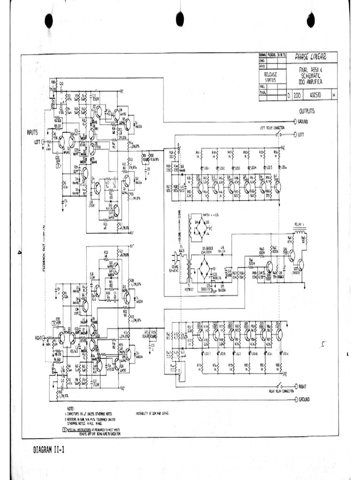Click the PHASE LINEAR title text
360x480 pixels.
[x=310, y=57]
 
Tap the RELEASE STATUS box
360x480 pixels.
[x=270, y=77]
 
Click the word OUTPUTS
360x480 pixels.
[x=307, y=112]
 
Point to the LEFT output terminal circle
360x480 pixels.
[x=295, y=135]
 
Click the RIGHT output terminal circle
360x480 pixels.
[x=295, y=388]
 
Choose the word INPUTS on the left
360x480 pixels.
[x=32, y=133]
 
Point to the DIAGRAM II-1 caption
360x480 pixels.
[x=49, y=450]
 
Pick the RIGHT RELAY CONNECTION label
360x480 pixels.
[x=281, y=390]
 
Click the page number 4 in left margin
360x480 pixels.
[x=19, y=253]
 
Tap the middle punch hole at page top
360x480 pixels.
[x=180, y=19]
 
